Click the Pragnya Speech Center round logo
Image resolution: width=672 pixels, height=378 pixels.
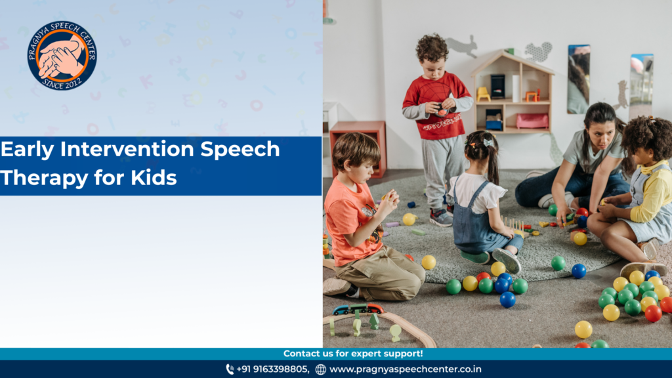[62, 55]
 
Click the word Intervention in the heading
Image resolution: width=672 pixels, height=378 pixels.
[127, 149]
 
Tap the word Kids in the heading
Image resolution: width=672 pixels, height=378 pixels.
[154, 177]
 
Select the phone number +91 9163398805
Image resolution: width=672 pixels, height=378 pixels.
[272, 369]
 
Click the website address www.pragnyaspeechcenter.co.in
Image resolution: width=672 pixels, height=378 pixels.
[406, 369]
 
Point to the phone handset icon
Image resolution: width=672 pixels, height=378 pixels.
[230, 369]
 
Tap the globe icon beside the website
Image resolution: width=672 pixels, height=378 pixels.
[320, 369]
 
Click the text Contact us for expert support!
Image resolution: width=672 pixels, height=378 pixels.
[352, 354]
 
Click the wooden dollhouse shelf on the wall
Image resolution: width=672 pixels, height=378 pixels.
[513, 92]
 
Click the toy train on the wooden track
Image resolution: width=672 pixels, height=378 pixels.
[358, 308]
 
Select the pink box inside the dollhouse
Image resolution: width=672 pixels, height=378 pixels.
[532, 121]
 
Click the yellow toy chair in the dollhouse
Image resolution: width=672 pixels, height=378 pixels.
[483, 94]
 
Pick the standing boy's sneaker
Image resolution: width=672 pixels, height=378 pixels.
[440, 217]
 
